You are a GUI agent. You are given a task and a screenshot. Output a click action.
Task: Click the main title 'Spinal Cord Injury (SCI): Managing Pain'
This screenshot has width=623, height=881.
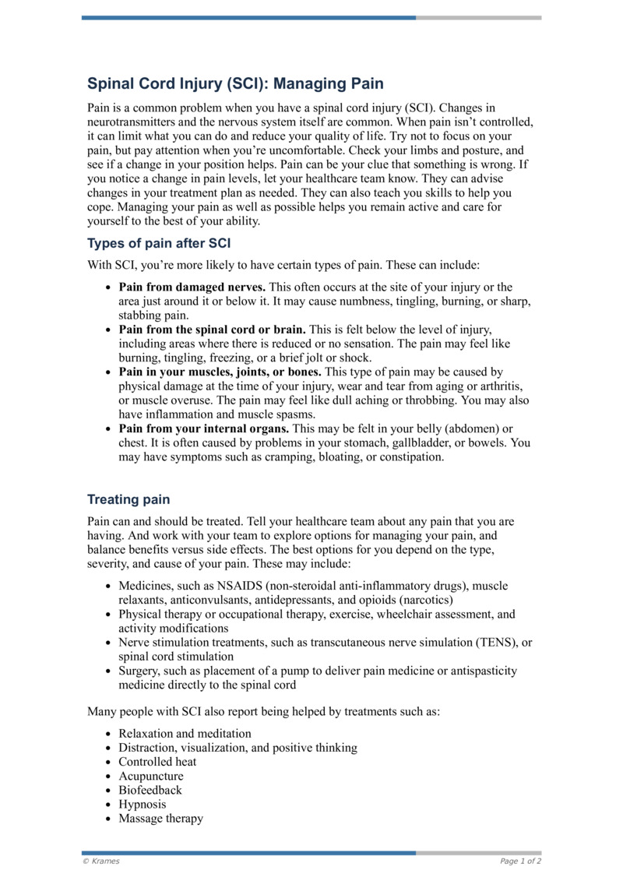point(235,83)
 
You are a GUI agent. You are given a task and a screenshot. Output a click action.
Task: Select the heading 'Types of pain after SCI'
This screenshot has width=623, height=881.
point(159,243)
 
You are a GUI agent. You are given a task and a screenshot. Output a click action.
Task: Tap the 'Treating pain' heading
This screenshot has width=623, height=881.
point(128,499)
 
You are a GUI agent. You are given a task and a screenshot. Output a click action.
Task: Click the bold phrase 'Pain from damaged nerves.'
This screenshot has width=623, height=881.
point(192,287)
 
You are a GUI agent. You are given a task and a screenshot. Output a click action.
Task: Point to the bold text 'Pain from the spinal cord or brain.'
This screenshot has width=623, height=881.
point(212,329)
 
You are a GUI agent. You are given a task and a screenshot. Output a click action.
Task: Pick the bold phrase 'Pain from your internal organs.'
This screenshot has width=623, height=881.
point(203,428)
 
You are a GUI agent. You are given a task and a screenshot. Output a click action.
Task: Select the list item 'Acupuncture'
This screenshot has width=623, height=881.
point(151,776)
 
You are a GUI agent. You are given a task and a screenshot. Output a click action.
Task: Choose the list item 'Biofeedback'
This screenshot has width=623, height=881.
point(150,790)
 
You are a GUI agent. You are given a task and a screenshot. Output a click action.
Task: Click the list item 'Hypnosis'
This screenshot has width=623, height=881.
point(143,804)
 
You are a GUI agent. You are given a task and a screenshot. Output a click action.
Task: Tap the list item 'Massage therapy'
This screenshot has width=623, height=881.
point(160,818)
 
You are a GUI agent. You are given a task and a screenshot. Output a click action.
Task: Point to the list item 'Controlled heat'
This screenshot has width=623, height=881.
point(157,762)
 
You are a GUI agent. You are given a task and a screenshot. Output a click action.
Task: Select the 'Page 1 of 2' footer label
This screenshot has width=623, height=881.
point(520,862)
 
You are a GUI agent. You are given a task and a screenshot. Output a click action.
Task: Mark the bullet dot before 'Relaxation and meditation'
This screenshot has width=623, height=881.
point(107,735)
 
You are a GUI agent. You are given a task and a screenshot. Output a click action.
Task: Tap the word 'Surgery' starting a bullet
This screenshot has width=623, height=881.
point(139,671)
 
